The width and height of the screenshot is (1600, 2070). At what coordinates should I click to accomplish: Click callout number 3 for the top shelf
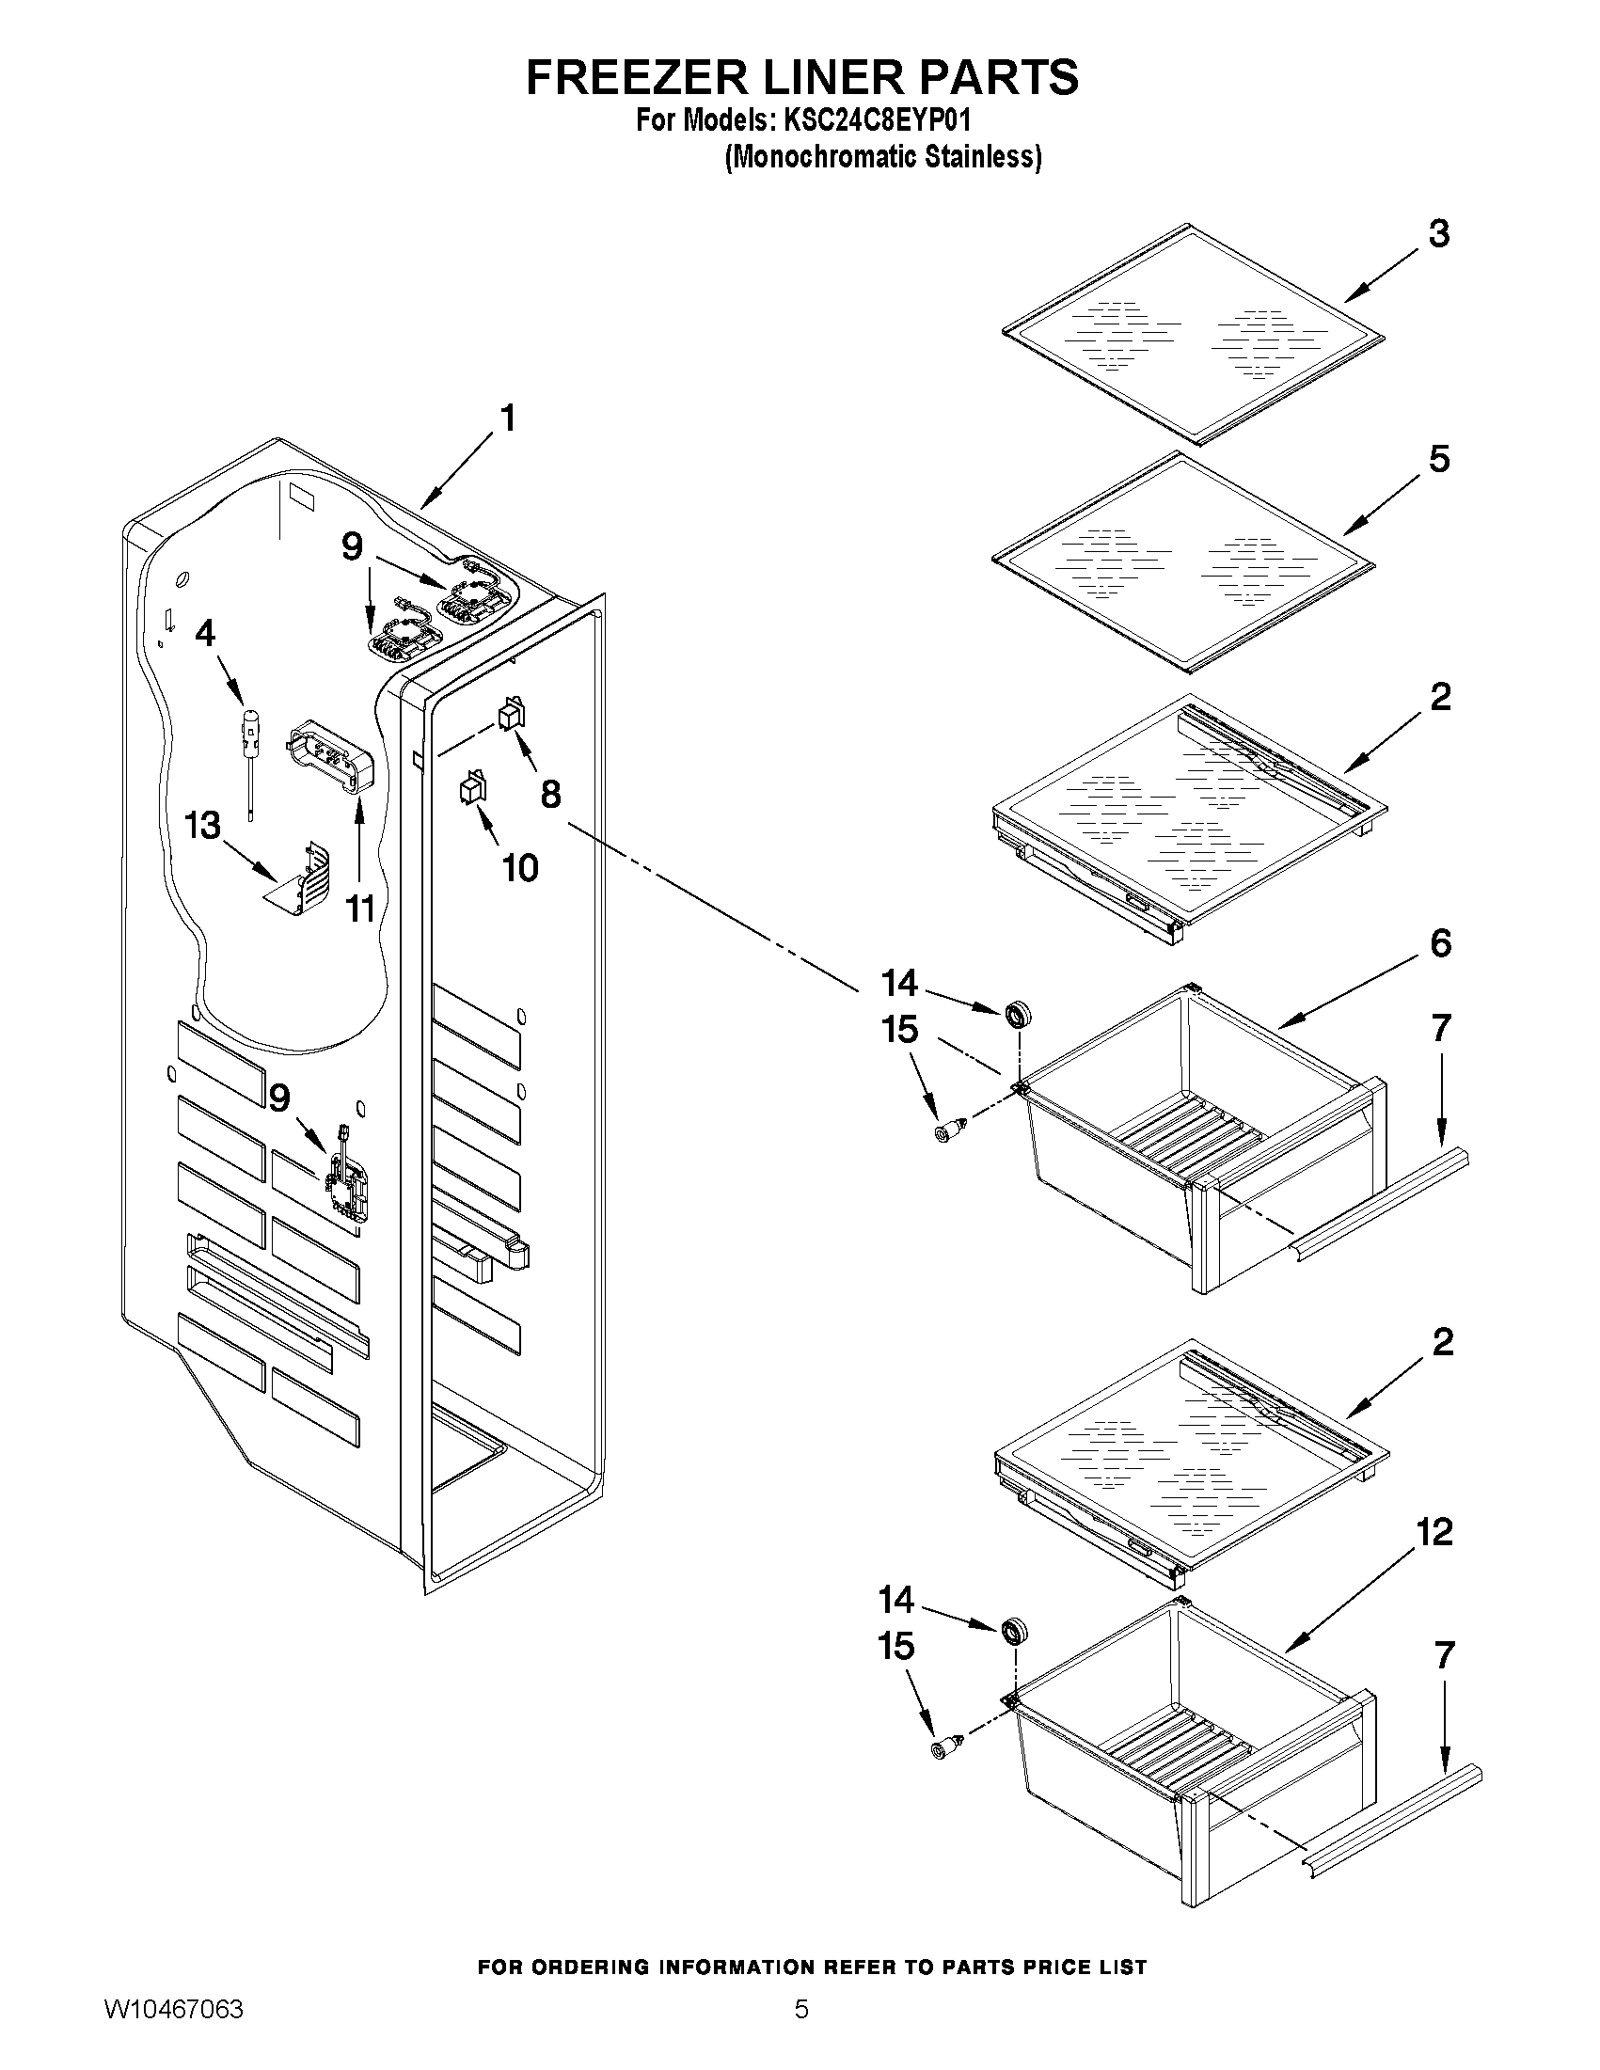(1438, 234)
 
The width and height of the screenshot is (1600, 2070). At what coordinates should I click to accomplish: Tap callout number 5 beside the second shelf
(1438, 460)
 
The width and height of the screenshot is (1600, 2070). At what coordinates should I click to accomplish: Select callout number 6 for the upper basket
(1440, 944)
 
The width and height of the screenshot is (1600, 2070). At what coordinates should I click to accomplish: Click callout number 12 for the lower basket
(1434, 1533)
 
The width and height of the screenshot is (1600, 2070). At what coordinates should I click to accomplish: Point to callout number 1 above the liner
(508, 418)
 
